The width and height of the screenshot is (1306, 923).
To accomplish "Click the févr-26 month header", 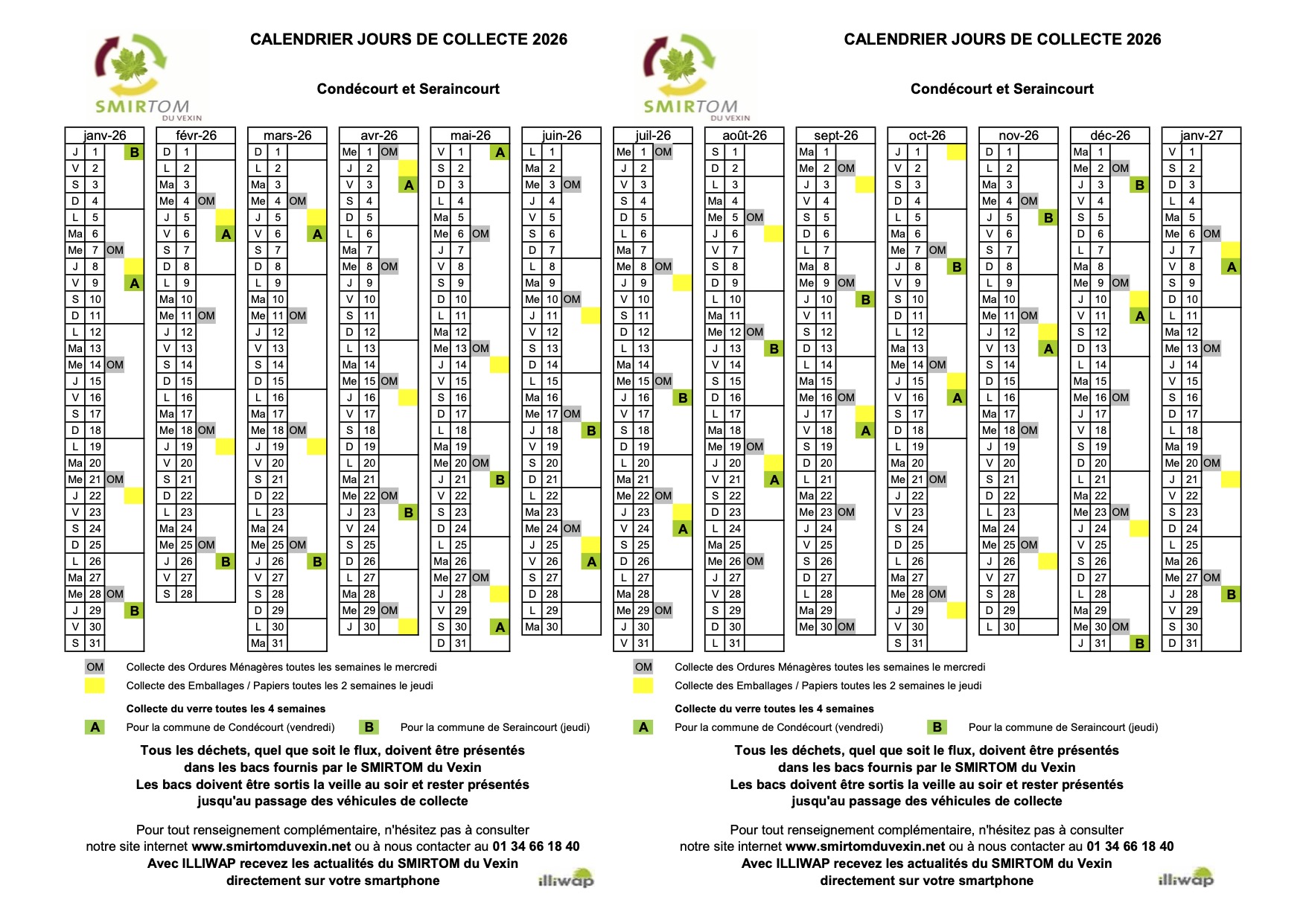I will point(196,135).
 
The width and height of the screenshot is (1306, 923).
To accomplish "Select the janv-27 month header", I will point(1201,135).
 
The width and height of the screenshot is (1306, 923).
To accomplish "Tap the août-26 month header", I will point(744,135).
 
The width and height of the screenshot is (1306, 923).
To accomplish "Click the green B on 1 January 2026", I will point(134,153).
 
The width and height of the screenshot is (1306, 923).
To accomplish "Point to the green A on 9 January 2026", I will point(134,284).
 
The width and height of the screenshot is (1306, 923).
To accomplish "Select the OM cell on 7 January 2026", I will point(115,250).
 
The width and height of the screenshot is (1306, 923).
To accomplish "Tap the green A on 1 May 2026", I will point(500,153).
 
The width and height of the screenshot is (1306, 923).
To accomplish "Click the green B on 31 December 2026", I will point(1139,644).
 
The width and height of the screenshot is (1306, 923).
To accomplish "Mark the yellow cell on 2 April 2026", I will point(408,168).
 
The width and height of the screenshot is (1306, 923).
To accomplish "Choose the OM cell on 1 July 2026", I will point(663,152).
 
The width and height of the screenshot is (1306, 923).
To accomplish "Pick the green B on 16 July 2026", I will point(683,398).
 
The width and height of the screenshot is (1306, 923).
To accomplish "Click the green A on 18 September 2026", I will point(865,431).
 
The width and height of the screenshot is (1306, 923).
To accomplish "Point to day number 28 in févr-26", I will point(186,594).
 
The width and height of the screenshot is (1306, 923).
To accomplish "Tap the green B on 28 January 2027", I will point(1231,595).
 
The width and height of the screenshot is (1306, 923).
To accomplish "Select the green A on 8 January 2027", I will point(1231,267).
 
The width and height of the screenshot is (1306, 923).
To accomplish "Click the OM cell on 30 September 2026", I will point(846,627).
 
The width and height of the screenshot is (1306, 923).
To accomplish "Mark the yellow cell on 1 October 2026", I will point(956,152).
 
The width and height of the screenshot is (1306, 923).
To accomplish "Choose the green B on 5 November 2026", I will point(1048,218).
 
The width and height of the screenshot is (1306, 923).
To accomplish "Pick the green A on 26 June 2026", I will point(591,562).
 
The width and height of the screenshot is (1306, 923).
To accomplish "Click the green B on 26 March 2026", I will point(317,562).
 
